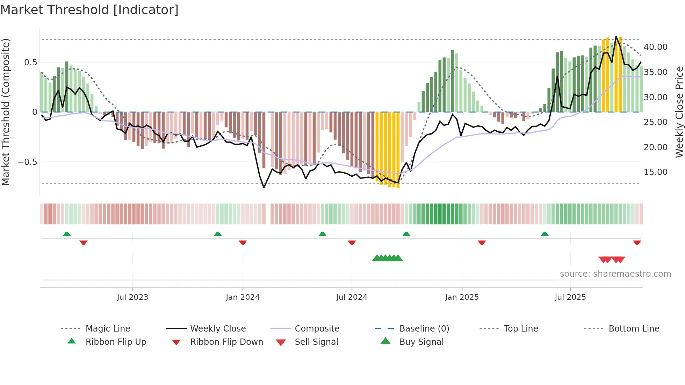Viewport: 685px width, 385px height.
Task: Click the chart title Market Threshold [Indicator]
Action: tap(89, 10)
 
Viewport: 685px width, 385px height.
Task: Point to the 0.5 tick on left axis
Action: tap(30, 63)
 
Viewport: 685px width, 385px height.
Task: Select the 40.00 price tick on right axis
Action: tap(655, 47)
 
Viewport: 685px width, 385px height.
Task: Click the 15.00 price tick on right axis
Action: tap(655, 172)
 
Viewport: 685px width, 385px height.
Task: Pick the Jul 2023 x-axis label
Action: tap(132, 297)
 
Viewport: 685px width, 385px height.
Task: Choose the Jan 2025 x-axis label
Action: tap(462, 297)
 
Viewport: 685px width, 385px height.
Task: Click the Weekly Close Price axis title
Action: tap(679, 112)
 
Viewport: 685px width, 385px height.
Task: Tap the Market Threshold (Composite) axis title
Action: tap(6, 112)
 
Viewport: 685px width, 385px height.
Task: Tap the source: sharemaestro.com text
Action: tap(615, 274)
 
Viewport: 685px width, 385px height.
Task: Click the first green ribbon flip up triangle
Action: tap(67, 234)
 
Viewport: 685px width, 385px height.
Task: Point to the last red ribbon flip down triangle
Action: tap(637, 242)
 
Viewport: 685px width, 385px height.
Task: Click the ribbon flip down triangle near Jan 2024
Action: tap(243, 242)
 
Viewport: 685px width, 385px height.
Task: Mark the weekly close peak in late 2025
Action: tap(616, 37)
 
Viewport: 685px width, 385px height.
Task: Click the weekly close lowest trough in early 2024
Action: tap(264, 188)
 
